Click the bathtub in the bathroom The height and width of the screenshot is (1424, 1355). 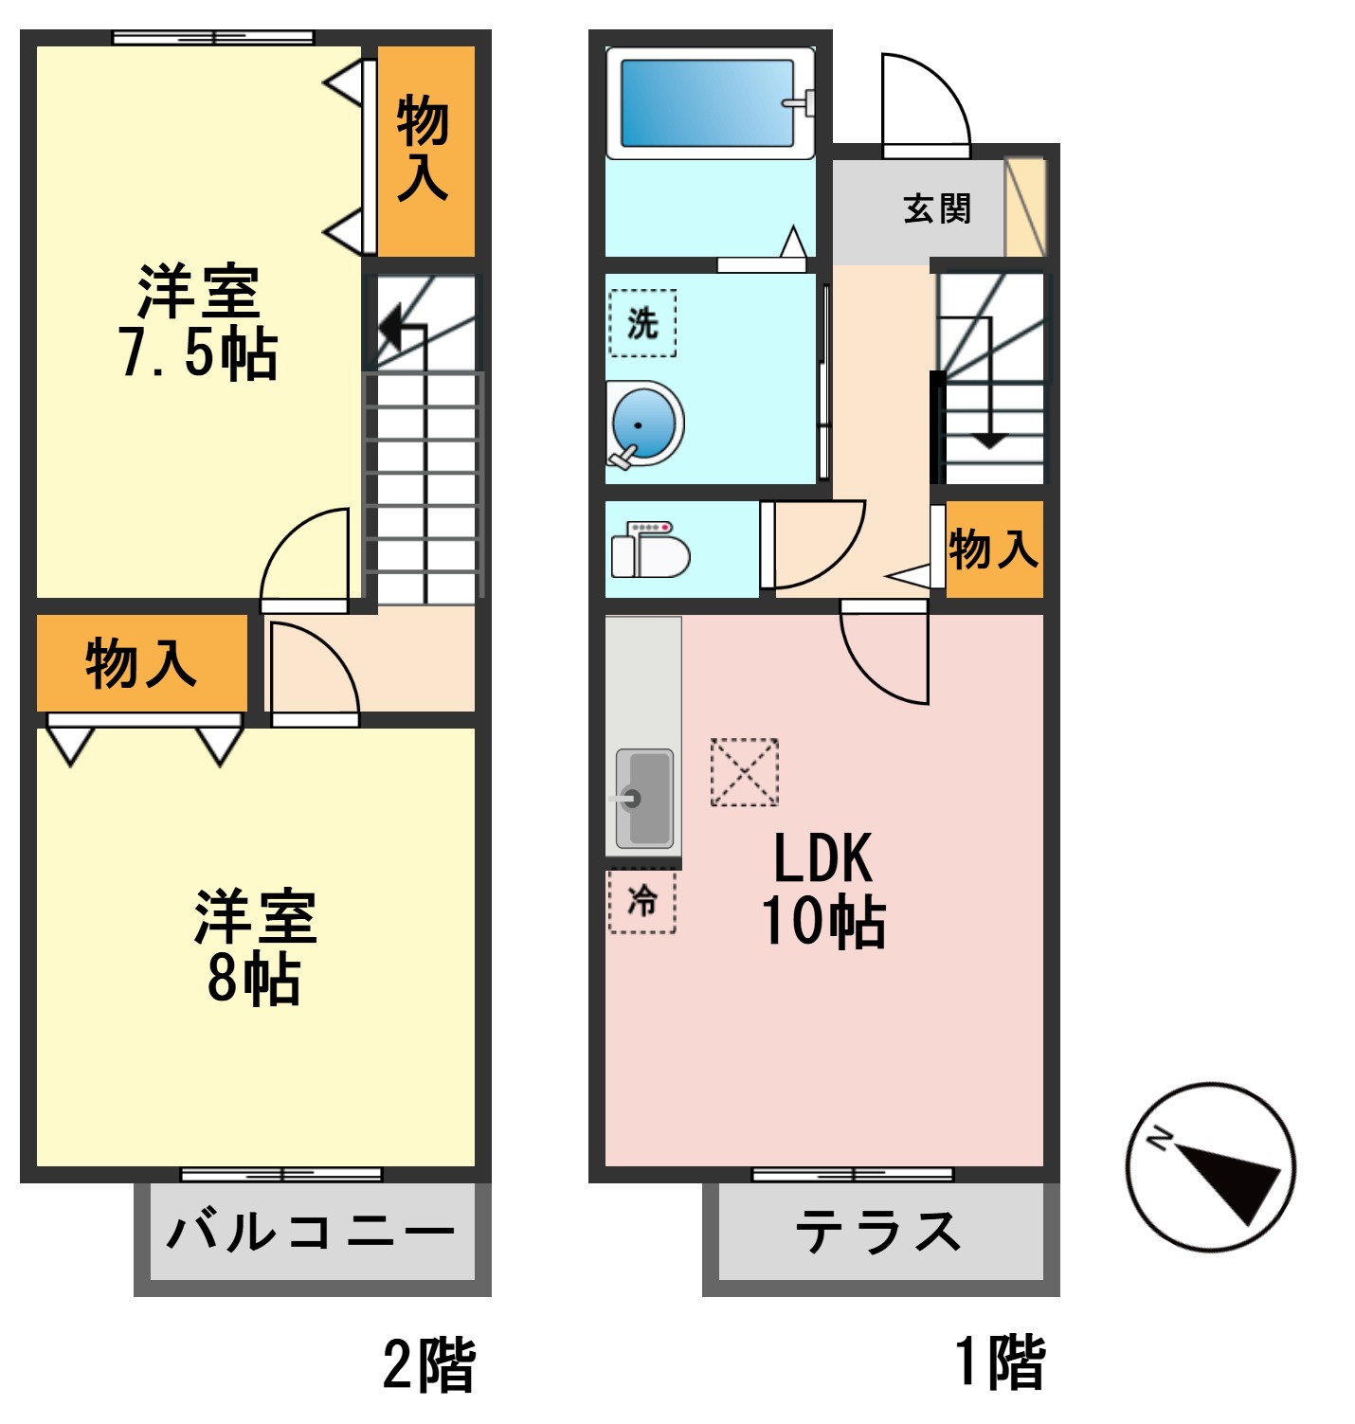708,103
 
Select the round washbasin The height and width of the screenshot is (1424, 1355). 643,424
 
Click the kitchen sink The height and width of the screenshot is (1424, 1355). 644,799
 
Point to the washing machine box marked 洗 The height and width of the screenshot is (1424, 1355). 642,323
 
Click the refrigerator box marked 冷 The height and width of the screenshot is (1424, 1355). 642,900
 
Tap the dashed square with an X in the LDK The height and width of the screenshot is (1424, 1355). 745,772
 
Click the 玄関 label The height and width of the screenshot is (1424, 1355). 936,208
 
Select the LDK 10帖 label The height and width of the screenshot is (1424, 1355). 822,890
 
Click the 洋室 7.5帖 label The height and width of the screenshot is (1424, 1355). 199,323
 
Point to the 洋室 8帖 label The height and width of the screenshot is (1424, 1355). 254,946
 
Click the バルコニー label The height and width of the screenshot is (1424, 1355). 311,1233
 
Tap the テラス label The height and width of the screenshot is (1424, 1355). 877,1233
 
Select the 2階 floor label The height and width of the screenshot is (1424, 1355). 429,1364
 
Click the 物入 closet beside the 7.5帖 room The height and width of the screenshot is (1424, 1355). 424,149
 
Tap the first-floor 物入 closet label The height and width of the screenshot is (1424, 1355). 993,550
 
